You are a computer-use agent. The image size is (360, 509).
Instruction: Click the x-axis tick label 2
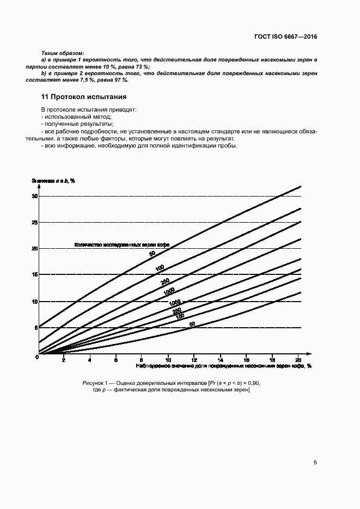coord(64,360)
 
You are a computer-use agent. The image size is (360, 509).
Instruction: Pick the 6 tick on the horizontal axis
coord(116,360)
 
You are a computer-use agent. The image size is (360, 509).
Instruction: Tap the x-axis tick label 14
coord(220,360)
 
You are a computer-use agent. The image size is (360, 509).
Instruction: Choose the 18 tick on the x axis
coord(272,360)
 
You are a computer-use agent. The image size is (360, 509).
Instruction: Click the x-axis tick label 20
coord(298,360)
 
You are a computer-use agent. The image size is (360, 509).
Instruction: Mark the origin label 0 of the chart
coord(36,357)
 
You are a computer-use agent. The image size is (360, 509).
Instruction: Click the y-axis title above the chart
coord(53,180)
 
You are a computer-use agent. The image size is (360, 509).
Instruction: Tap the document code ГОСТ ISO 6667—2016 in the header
coord(285,38)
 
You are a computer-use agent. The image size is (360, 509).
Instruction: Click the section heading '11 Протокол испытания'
coord(84,97)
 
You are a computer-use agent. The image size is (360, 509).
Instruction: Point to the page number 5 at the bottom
coord(315,463)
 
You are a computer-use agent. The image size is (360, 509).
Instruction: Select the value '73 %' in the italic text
coord(142,66)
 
